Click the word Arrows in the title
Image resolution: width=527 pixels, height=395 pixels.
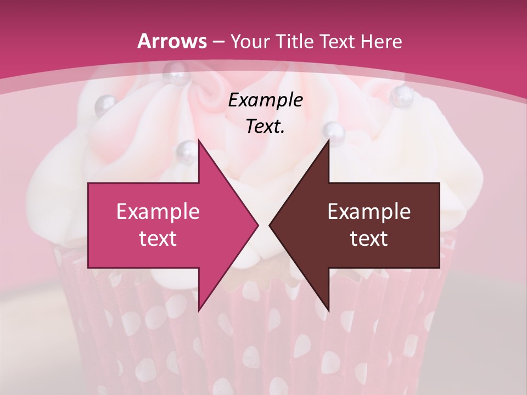point(172,41)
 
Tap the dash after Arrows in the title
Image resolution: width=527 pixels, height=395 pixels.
point(218,42)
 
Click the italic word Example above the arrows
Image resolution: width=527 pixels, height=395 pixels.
point(265,101)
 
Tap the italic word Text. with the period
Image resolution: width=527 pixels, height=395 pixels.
point(265,127)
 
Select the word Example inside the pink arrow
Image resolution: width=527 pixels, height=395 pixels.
point(158,212)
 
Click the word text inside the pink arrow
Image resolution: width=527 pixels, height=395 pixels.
point(158,238)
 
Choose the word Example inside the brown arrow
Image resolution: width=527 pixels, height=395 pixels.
point(369,212)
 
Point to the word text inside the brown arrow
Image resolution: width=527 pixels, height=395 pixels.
point(369,238)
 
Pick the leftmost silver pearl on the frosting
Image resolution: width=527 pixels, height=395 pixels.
point(105,104)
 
